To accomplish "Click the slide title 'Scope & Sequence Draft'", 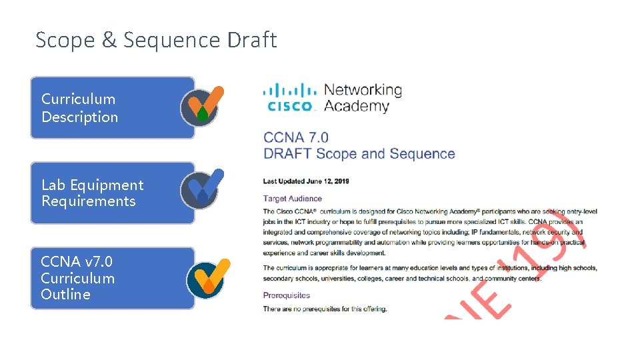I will point(156,40).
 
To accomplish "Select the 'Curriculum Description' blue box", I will point(112,107).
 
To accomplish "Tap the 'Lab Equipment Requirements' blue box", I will point(112,193).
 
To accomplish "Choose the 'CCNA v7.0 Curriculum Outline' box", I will point(112,278).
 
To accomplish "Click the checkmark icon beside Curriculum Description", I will point(202,105).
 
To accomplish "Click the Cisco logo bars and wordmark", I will point(289,97).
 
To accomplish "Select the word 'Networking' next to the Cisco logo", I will point(363,90).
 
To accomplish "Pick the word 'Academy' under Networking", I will point(356,106).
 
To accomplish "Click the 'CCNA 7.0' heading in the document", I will point(296,138).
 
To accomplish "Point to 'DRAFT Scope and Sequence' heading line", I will point(359,154).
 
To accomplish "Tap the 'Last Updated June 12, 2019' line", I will point(306,181).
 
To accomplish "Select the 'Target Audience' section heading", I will point(292,198).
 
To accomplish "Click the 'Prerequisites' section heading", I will point(287,295).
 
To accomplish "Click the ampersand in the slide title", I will point(109,40).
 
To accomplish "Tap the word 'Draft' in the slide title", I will point(251,40).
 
